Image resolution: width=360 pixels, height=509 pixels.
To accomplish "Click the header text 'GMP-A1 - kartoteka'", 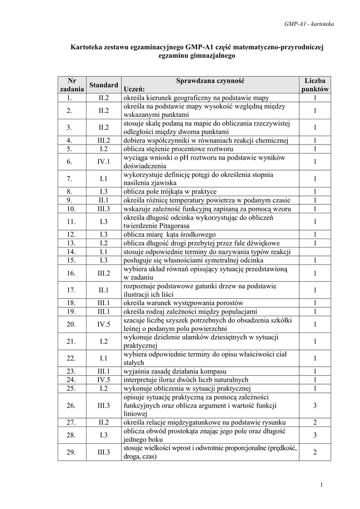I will tap(309, 23).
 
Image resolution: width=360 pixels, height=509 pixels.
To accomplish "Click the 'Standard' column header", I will tap(104, 85).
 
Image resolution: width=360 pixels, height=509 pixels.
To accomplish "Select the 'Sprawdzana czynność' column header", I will tap(211, 80).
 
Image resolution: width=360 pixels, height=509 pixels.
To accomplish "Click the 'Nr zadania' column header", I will tap(72, 85).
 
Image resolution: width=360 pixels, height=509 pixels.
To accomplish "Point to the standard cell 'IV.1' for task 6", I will tap(104, 162).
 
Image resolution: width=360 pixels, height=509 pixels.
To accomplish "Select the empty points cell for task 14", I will tap(315, 252).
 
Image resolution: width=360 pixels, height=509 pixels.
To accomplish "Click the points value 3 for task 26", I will tap(315, 405).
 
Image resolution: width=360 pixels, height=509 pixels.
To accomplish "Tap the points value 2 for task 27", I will tap(315, 422).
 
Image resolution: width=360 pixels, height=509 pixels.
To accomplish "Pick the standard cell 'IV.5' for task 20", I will tap(104, 324).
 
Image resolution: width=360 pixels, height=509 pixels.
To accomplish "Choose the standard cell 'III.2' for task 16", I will tap(104, 273).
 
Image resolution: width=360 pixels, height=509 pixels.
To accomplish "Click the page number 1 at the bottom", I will tap(322, 485).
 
